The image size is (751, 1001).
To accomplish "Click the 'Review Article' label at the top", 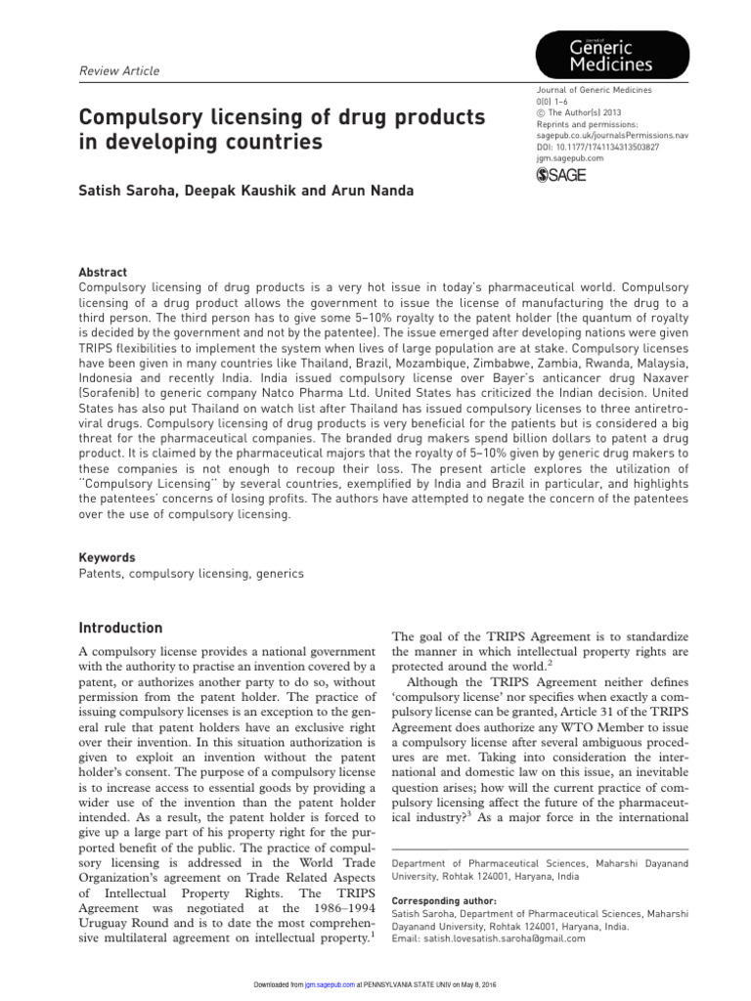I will pos(117,71).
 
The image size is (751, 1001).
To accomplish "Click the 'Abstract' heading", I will pos(103,272).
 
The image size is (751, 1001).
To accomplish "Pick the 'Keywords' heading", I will pos(107,558).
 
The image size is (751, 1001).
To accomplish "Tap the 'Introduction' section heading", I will pos(120,628).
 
